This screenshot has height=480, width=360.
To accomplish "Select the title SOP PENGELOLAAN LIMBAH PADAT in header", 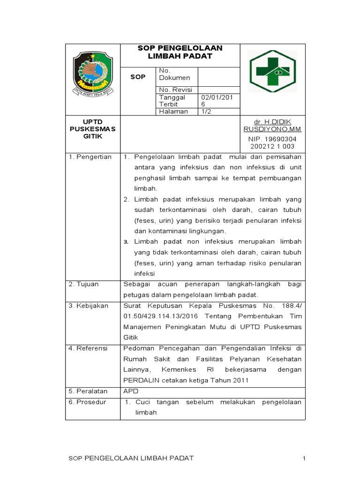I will tap(180, 52).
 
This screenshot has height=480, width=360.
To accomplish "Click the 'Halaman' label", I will tap(173, 112).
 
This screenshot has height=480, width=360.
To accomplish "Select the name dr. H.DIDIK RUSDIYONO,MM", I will tap(272, 125).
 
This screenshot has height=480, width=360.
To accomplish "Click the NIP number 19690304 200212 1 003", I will tap(272, 142).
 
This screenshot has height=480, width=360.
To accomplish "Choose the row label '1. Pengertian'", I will tap(90, 157).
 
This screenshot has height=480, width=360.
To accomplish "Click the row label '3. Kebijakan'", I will tap(88, 306).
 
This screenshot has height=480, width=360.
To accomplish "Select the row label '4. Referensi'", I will tap(88, 348).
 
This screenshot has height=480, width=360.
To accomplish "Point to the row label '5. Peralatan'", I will tap(88, 391).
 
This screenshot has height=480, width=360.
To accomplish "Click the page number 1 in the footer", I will tap(304, 457).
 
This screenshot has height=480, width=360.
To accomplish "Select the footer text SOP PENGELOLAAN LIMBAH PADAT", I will tap(131, 457).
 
